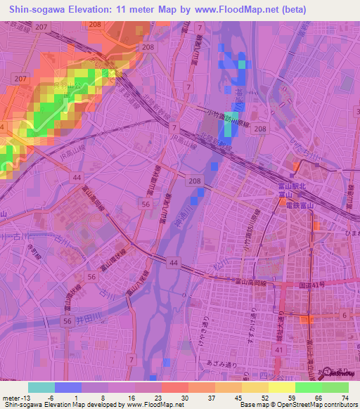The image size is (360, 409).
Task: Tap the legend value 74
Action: coord(345,398)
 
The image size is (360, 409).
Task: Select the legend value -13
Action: coord(27,398)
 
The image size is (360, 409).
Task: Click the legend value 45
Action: coord(238,398)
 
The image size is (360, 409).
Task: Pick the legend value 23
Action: coord(159,398)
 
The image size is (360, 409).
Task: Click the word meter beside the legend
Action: coord(11,398)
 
